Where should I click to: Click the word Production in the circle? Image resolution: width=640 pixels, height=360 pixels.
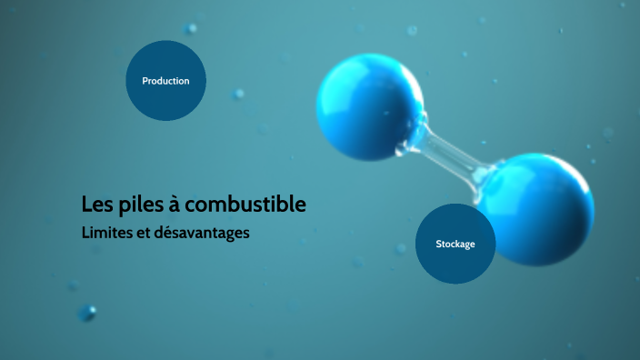[165, 81]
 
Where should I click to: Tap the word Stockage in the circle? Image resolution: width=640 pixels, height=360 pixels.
[455, 245]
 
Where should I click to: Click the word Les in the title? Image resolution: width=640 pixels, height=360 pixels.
[95, 205]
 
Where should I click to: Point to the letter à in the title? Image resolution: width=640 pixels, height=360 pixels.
[176, 205]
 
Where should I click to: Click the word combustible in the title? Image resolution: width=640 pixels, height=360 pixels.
[248, 205]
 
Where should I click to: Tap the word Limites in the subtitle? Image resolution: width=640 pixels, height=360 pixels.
[104, 233]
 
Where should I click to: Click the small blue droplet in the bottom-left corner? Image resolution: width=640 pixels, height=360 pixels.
[87, 313]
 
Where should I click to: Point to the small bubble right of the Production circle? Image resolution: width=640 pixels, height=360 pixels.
[238, 94]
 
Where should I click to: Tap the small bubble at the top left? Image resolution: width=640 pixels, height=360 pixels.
[191, 28]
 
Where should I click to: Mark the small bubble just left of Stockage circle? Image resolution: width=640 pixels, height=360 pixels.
[401, 247]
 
